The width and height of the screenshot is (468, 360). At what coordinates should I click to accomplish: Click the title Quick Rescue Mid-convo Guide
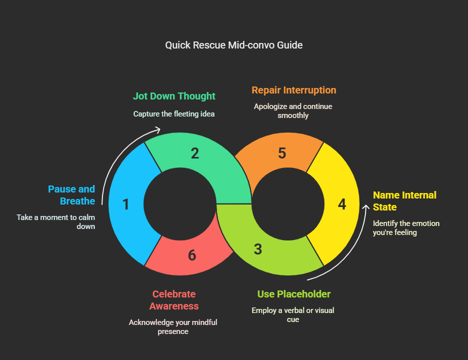[234, 45]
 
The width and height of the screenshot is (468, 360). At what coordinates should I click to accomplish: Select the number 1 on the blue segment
[126, 204]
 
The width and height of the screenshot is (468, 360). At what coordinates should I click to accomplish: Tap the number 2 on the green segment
[195, 153]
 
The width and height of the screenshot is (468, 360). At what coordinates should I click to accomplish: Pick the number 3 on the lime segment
[258, 249]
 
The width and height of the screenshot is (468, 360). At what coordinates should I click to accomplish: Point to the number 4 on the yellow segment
[342, 204]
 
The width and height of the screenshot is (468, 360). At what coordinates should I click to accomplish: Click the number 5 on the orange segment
[282, 153]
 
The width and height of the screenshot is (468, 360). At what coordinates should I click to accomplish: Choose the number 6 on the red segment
[192, 255]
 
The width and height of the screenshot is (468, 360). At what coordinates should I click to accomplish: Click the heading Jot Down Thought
[174, 96]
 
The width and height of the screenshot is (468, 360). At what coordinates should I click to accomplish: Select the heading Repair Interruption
[294, 90]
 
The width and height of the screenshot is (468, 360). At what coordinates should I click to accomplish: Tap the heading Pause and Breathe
[71, 195]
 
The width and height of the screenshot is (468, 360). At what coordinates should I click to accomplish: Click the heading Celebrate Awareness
[174, 300]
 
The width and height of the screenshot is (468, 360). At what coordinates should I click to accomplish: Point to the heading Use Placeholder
[294, 294]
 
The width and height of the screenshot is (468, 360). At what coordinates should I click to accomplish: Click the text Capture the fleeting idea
[174, 114]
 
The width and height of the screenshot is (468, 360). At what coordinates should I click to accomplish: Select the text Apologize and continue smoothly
[293, 110]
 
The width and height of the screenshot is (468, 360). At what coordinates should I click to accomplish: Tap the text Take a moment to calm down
[56, 221]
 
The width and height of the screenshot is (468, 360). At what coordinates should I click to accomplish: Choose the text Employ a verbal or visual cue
[293, 314]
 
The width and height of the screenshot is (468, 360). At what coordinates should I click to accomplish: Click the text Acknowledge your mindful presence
[173, 326]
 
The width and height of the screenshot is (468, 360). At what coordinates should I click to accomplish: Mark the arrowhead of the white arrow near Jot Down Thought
[158, 130]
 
